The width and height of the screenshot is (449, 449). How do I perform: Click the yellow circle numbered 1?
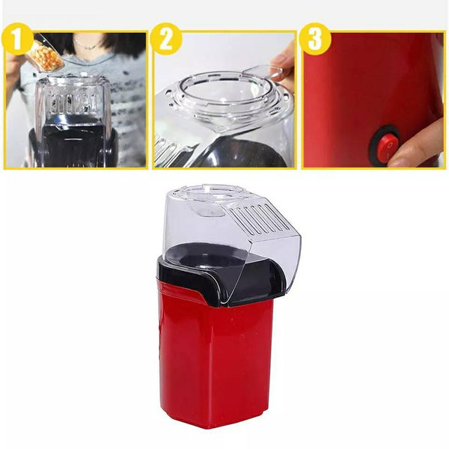click(x=17, y=39)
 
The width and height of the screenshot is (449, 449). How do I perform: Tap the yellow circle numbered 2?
click(x=166, y=39)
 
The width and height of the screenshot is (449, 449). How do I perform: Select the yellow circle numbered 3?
click(x=315, y=39)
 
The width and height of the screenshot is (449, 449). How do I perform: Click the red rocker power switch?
click(x=385, y=147)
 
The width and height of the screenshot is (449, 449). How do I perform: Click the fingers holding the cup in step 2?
click(x=282, y=66)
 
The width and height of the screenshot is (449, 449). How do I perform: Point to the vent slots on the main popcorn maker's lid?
click(x=259, y=219)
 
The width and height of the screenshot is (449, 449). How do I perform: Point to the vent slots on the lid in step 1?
click(x=73, y=103)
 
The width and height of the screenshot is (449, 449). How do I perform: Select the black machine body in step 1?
click(x=74, y=146)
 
